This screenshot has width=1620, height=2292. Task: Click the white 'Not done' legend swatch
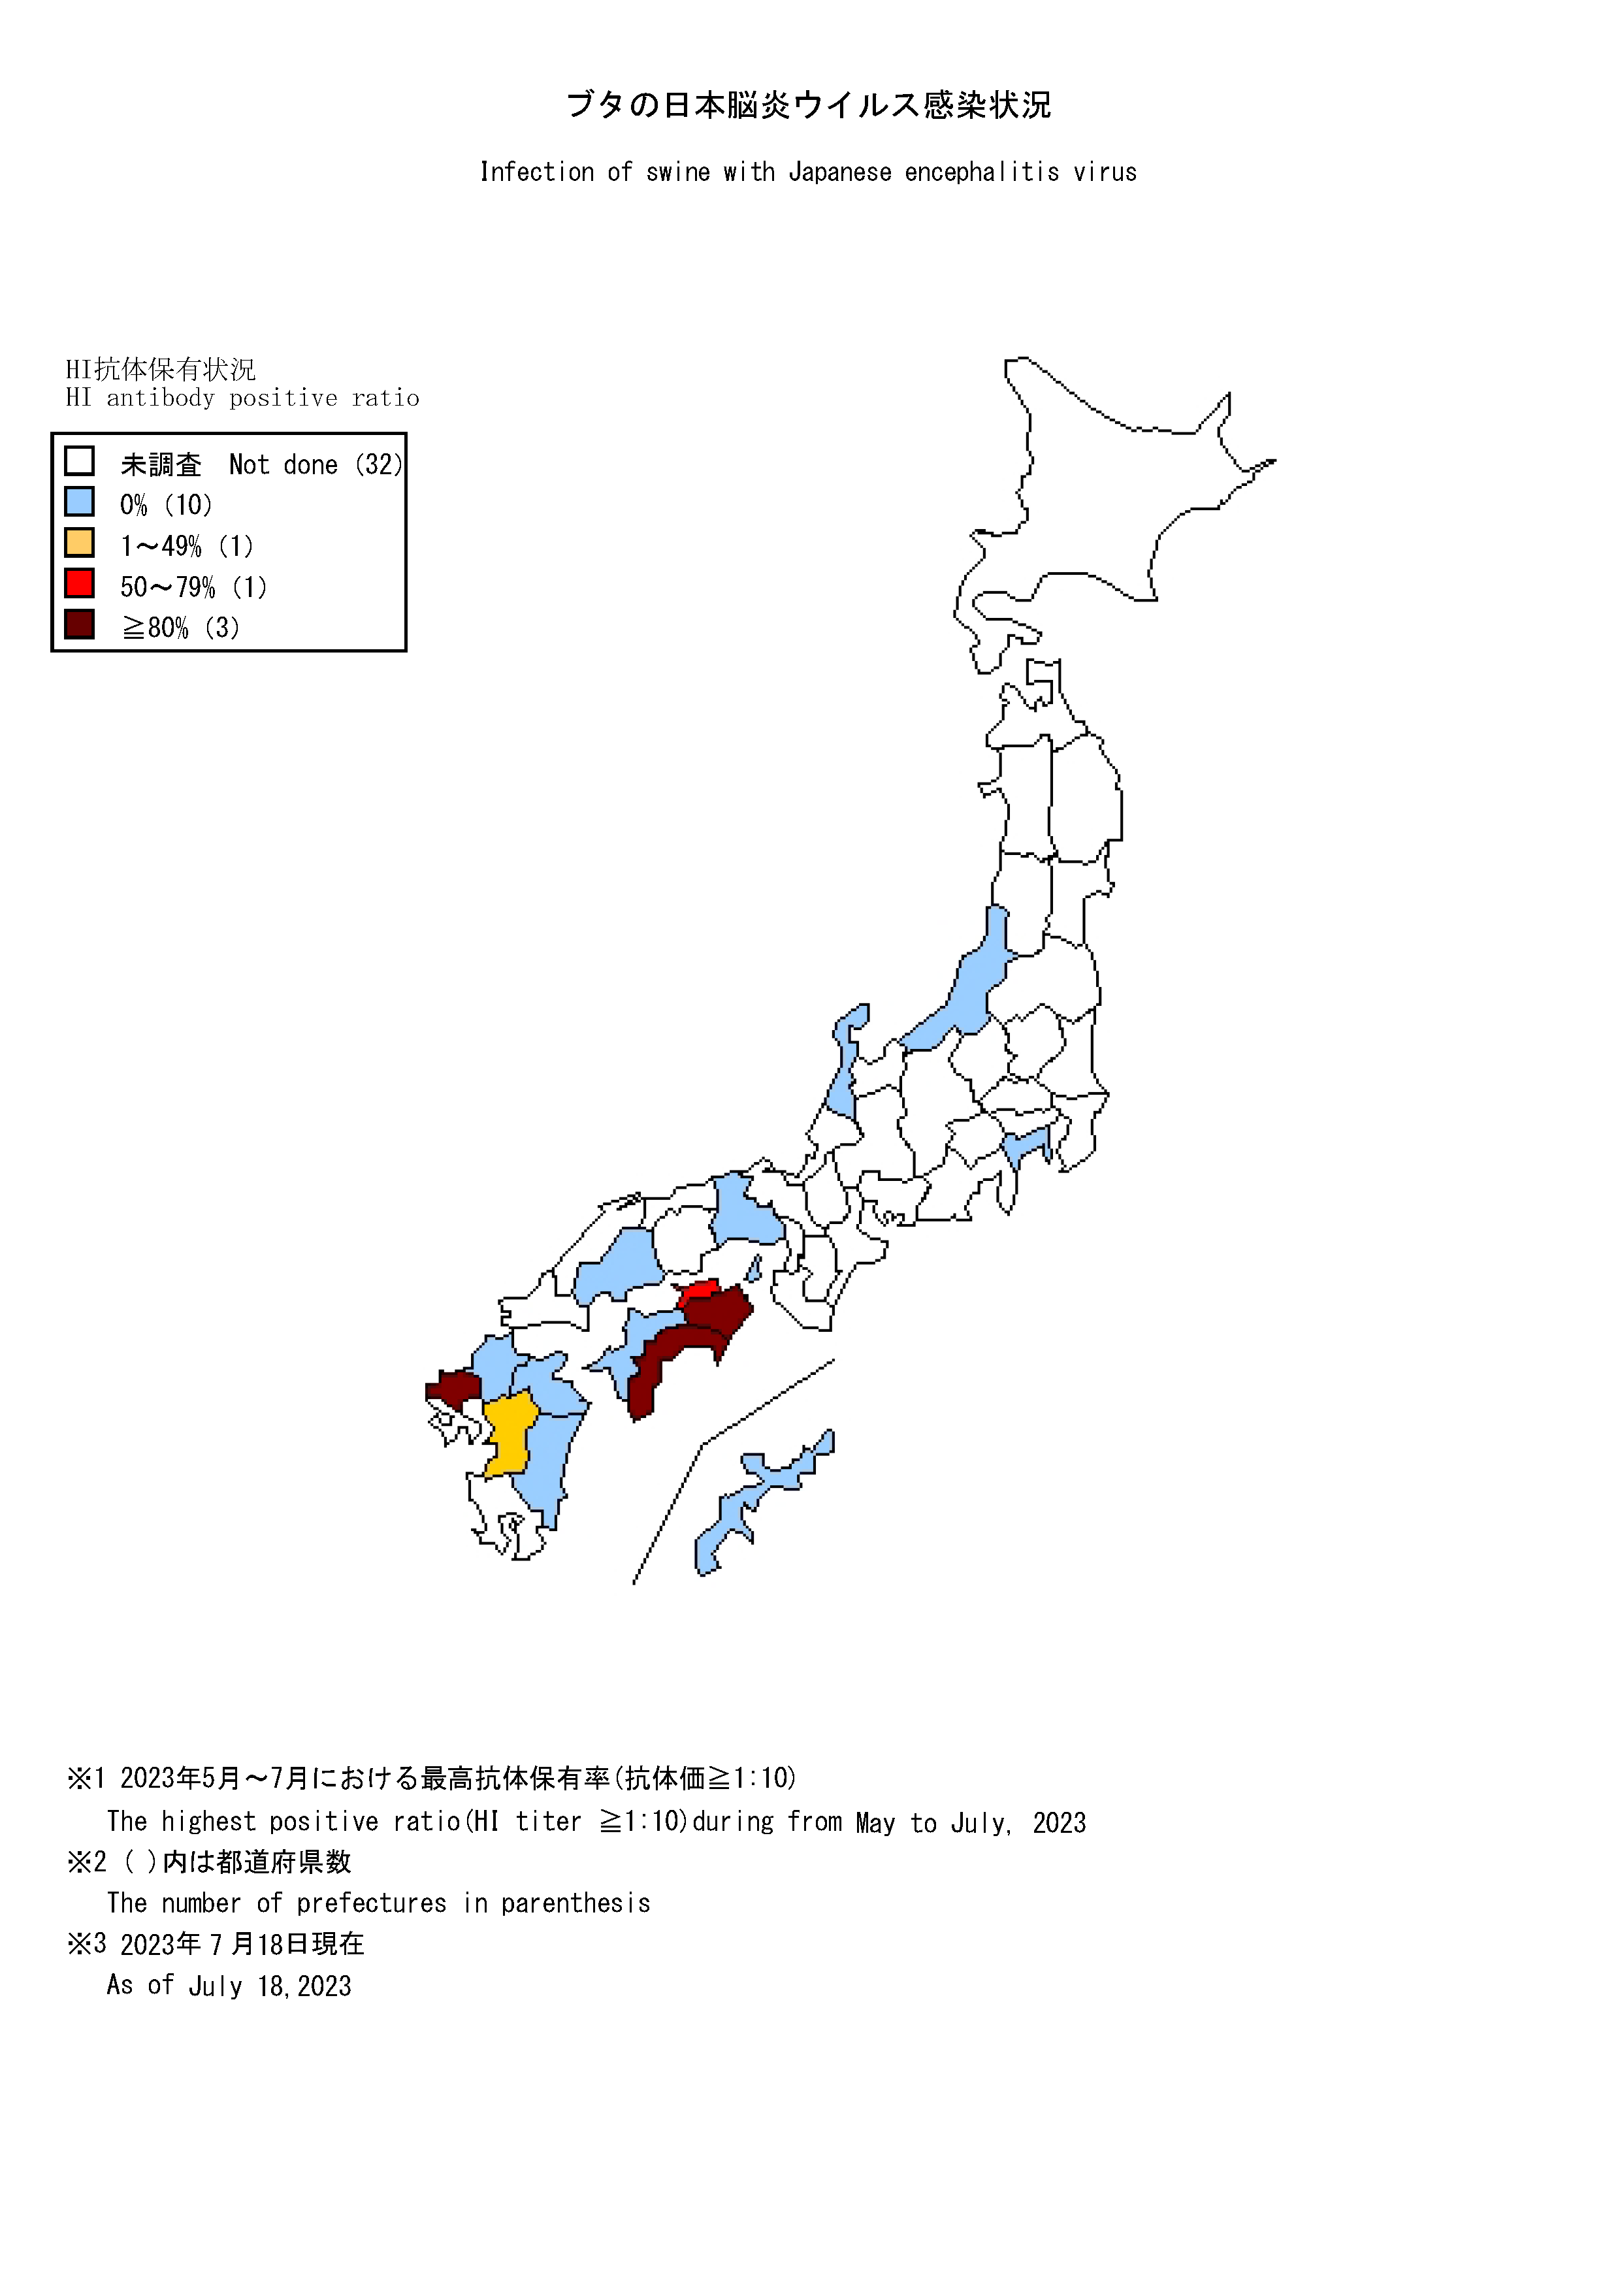[79, 461]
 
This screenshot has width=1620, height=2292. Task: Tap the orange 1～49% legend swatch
[79, 543]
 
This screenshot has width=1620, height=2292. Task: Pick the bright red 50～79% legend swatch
[79, 583]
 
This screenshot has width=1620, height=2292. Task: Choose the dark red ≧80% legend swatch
[79, 624]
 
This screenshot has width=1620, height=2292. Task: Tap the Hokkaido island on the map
[1098, 499]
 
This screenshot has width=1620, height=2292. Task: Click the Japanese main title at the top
[809, 105]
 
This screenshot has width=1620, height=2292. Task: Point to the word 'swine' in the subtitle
[678, 172]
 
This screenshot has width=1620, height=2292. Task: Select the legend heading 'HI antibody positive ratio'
[242, 398]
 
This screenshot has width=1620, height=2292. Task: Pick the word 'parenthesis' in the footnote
[576, 1903]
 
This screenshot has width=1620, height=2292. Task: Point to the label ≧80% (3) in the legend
[181, 628]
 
